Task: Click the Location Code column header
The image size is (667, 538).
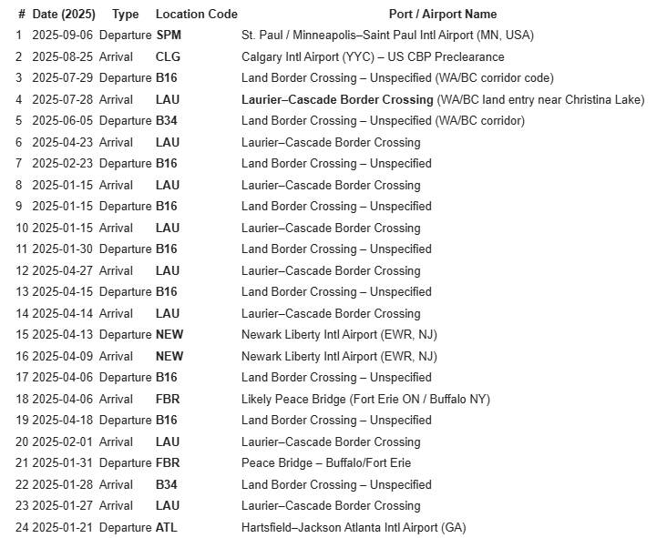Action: point(196,14)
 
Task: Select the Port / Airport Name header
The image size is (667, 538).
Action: point(442,14)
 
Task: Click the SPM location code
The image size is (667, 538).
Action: point(169,35)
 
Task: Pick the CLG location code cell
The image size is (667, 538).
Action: point(168,56)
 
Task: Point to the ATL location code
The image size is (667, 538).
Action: point(167,527)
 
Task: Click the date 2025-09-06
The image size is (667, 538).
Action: point(63,35)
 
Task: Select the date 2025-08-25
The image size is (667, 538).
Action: point(63,56)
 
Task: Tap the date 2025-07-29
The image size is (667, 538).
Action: point(63,77)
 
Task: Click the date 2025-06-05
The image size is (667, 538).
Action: point(63,120)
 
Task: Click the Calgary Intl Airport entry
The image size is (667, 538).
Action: point(373,56)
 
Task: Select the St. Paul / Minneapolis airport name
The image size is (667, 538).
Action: point(387,35)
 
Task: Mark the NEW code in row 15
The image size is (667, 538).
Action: point(169,334)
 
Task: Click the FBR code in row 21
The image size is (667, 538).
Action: point(168,462)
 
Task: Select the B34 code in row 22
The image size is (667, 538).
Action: point(167,484)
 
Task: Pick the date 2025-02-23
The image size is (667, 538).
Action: point(63,163)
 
